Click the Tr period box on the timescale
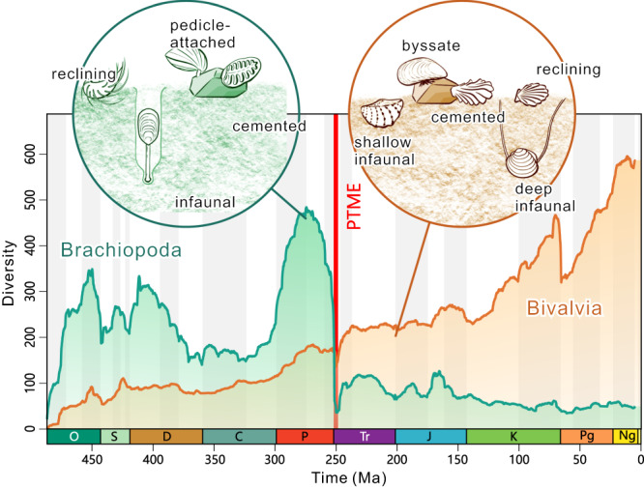pos(365,437)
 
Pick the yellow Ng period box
pos(625,437)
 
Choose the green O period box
pos(73,437)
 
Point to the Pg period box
pos(586,437)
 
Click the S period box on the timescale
pos(114,437)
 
